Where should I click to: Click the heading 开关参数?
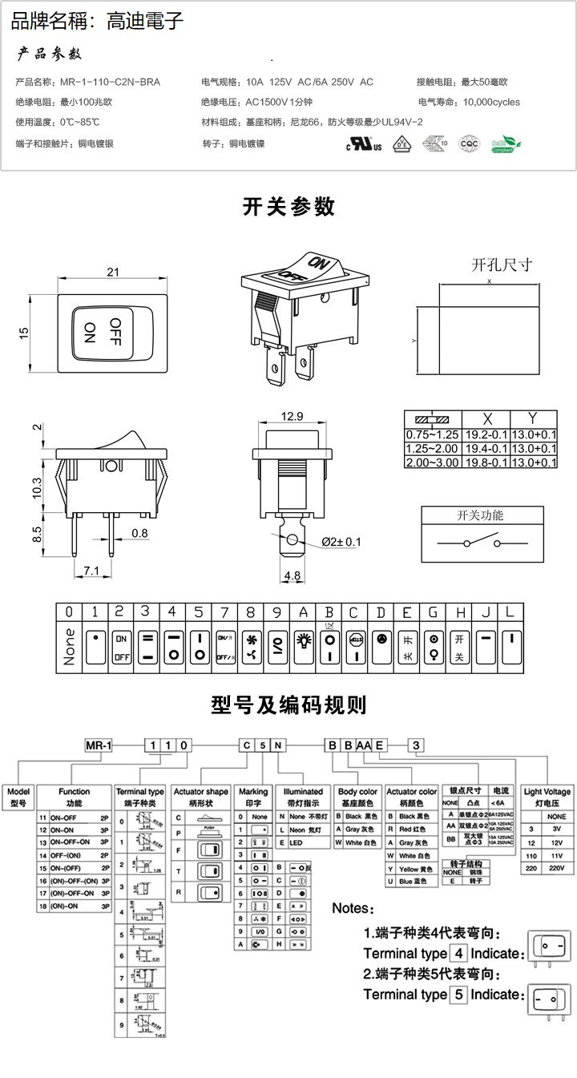pyautogui.click(x=288, y=207)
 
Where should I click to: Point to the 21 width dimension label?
pyautogui.click(x=113, y=273)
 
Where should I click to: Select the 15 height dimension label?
pyautogui.click(x=24, y=332)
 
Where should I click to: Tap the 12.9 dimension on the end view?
pyautogui.click(x=293, y=416)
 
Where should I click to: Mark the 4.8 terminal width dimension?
pyautogui.click(x=293, y=575)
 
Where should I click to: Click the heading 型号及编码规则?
pyautogui.click(x=288, y=705)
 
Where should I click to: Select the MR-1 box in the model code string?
pyautogui.click(x=99, y=745)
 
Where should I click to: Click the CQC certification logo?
pyautogui.click(x=468, y=144)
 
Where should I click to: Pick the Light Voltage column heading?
pyautogui.click(x=547, y=797)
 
